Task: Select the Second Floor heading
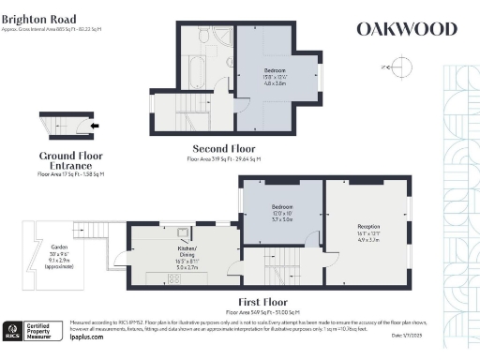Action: [224, 148]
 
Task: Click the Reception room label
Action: [367, 227]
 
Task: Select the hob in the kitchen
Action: [173, 278]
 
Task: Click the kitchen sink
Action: [183, 235]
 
